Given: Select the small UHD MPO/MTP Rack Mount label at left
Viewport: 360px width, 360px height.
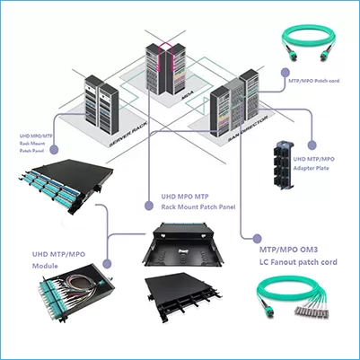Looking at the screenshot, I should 35,143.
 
